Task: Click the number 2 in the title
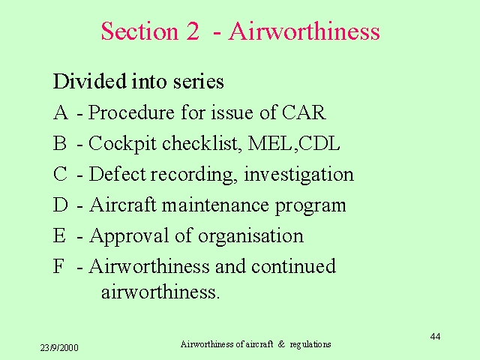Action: pyautogui.click(x=192, y=31)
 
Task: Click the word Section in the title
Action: pyautogui.click(x=139, y=31)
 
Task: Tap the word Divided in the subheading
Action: pyautogui.click(x=90, y=81)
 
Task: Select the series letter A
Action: pyautogui.click(x=61, y=112)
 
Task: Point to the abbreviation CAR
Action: pyautogui.click(x=303, y=112)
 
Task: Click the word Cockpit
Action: pyautogui.click(x=122, y=144)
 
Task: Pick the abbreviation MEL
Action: pyautogui.click(x=270, y=143)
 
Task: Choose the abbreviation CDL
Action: pyautogui.click(x=319, y=143)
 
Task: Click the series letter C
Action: pyautogui.click(x=60, y=174)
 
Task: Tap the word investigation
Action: pyautogui.click(x=298, y=175)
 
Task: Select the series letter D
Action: pyautogui.click(x=60, y=205)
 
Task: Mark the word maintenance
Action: pyautogui.click(x=215, y=205)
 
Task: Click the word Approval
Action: pyautogui.click(x=129, y=236)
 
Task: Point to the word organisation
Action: pyautogui.click(x=250, y=236)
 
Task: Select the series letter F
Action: pyautogui.click(x=58, y=266)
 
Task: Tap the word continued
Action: pyautogui.click(x=293, y=265)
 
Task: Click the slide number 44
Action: pyautogui.click(x=435, y=337)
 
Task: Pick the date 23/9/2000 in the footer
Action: pyautogui.click(x=59, y=348)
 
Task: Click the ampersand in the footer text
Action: pyautogui.click(x=281, y=344)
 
